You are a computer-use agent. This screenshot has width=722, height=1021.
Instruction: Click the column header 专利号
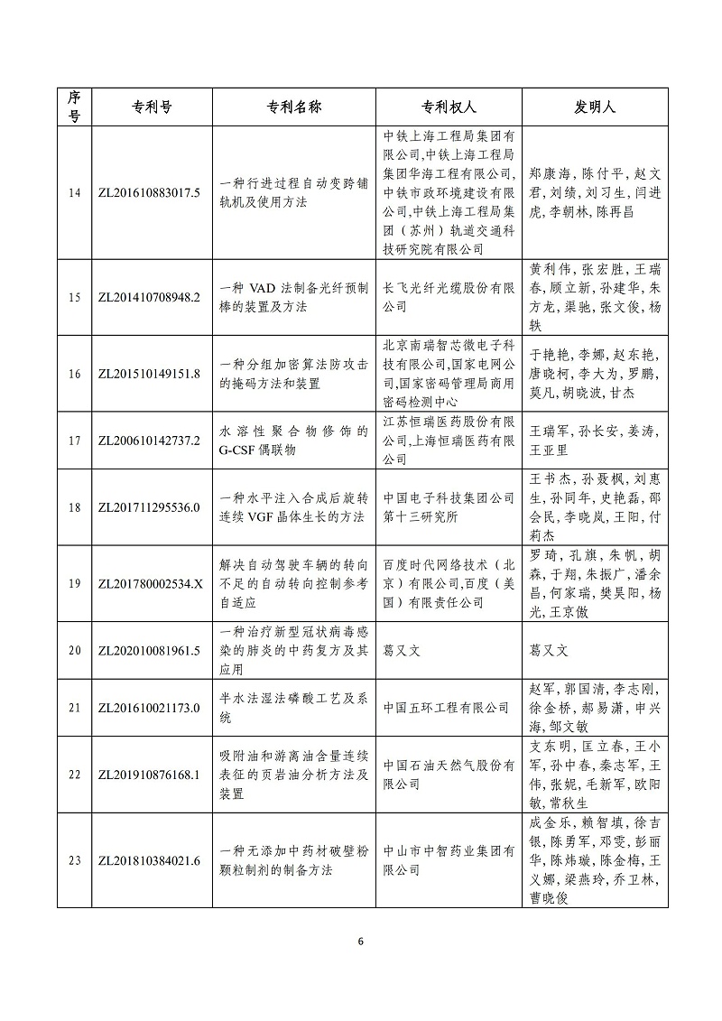pyautogui.click(x=147, y=107)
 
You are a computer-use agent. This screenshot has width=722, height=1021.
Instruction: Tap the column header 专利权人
pyautogui.click(x=448, y=107)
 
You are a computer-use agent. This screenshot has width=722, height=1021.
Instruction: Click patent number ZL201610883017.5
pyautogui.click(x=148, y=192)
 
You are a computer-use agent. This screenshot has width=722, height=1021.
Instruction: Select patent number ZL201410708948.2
pyautogui.click(x=148, y=297)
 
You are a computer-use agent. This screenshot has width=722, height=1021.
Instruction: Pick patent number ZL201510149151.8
pyautogui.click(x=148, y=374)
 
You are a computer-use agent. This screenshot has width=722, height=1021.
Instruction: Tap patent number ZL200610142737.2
pyautogui.click(x=148, y=441)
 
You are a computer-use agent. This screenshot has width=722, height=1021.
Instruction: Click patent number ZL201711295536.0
pyautogui.click(x=148, y=506)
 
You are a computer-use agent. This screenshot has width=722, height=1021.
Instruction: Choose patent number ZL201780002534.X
pyautogui.click(x=148, y=583)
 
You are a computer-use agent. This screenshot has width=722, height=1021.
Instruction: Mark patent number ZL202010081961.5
pyautogui.click(x=148, y=650)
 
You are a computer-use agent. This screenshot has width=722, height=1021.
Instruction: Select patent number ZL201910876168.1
pyautogui.click(x=148, y=775)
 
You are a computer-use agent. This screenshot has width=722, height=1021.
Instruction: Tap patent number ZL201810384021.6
pyautogui.click(x=148, y=860)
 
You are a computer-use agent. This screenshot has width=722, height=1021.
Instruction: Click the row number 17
pyautogui.click(x=74, y=441)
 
